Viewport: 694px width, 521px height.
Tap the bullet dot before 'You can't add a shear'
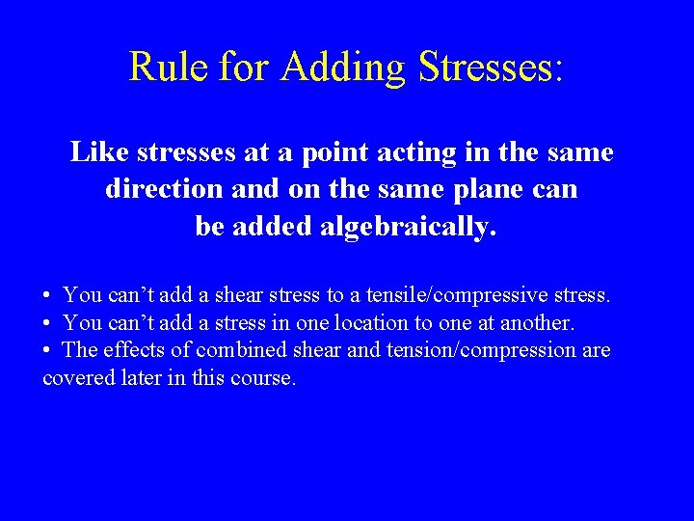pos(46,293)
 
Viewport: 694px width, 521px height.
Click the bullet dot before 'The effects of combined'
pos(46,349)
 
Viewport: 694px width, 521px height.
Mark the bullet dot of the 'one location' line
pos(46,321)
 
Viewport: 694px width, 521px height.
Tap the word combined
pos(237,349)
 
